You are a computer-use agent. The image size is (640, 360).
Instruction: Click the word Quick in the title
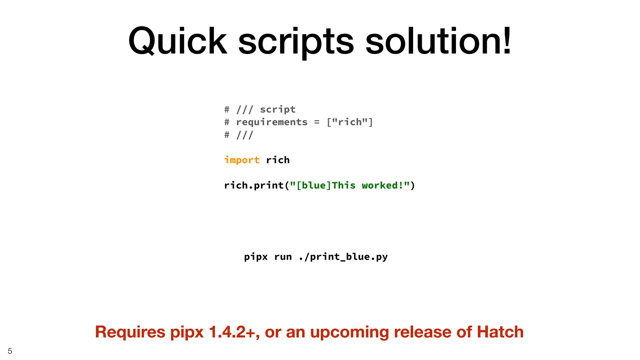coord(177,41)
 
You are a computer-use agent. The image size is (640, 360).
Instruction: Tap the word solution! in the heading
coord(438,41)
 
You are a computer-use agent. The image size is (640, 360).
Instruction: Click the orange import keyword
coord(242,160)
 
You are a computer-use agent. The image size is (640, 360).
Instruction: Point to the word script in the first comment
coord(277,109)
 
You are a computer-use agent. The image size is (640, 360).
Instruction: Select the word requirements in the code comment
coord(272,122)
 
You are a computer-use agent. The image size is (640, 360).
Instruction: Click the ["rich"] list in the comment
coord(350,122)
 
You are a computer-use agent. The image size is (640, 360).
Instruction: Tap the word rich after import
coord(278,160)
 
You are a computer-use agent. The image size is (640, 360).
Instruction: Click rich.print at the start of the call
coord(254,186)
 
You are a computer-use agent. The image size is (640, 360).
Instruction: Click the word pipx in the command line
coord(256,257)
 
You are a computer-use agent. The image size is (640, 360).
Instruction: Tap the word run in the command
coord(283,257)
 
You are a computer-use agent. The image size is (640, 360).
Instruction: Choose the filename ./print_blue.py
coord(343,257)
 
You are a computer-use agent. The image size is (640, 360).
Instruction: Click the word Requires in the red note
coord(130,332)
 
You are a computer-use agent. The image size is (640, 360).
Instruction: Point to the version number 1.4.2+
coord(234,332)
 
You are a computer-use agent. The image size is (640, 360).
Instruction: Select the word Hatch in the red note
coord(500,332)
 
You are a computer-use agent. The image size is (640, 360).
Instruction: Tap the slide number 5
coord(10,351)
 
